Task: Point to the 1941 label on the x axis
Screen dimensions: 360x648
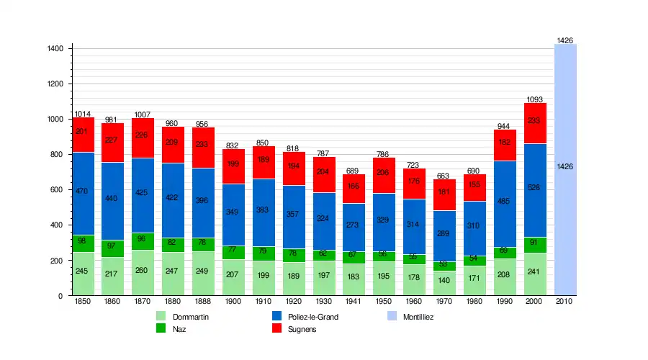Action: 354,301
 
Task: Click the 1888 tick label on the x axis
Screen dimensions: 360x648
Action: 204,301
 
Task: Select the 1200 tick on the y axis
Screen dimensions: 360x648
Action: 56,84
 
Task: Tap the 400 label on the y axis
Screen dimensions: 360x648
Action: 56,225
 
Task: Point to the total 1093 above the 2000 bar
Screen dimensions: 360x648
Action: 535,99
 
